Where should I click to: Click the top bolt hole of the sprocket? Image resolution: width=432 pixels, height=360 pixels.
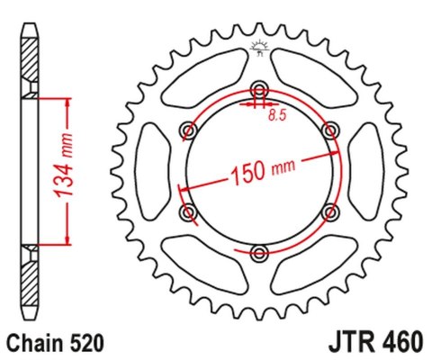tap(260, 89)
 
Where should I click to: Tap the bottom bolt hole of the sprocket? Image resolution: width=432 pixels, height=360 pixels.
tap(260, 251)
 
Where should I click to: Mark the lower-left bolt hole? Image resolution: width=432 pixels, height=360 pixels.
tap(189, 211)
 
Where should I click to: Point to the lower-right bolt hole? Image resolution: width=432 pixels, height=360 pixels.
tap(330, 211)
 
